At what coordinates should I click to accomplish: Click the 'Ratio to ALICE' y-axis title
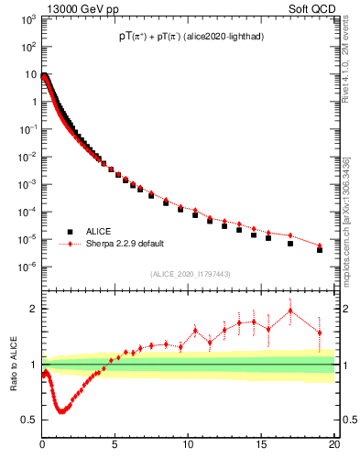(x=12, y=364)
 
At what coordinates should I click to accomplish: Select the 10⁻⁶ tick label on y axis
(x=27, y=267)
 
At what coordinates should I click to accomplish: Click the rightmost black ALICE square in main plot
(x=320, y=249)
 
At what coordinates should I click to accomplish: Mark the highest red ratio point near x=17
(x=290, y=311)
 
